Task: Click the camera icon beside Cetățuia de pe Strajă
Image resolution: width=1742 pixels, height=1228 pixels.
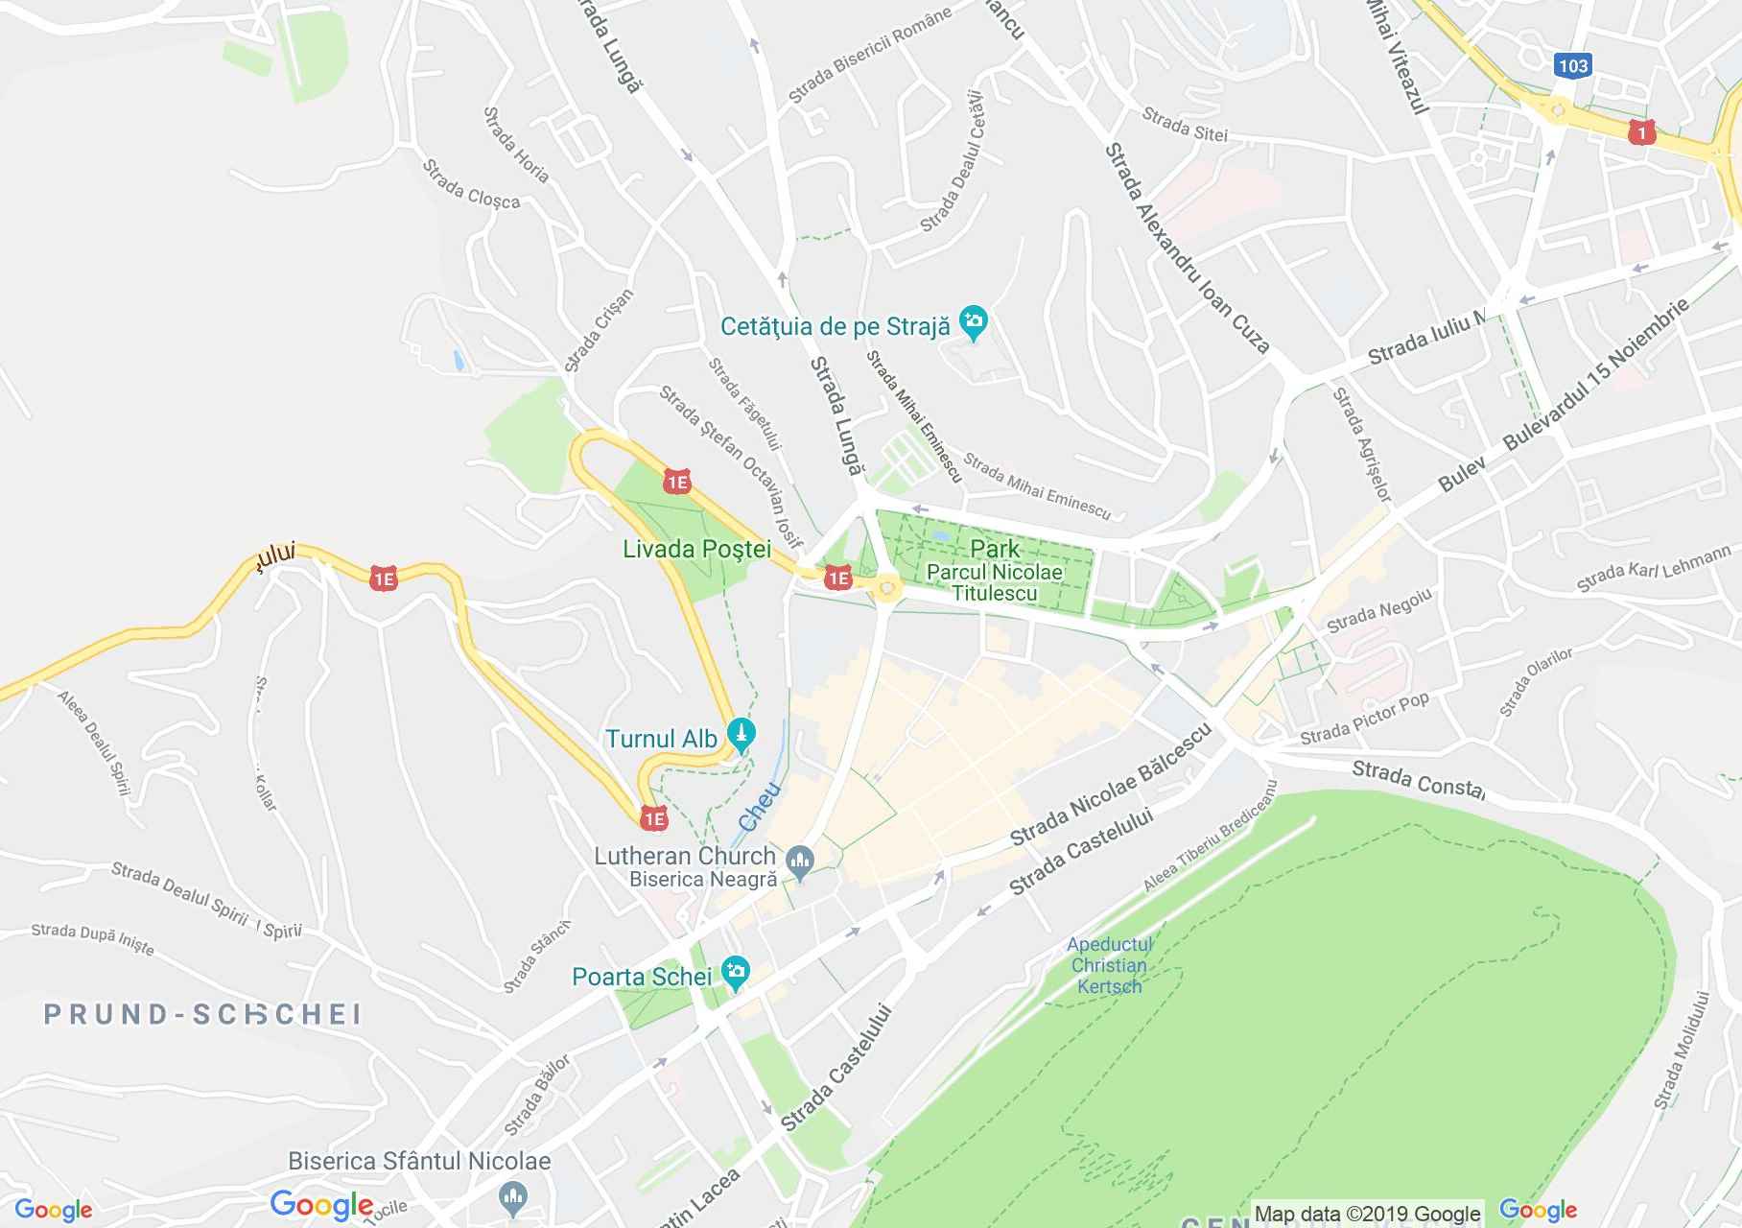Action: [974, 323]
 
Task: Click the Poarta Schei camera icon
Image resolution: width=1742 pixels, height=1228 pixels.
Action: [736, 972]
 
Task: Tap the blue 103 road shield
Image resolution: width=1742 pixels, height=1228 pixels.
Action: [1572, 65]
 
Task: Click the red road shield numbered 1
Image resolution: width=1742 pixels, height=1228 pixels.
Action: [1641, 131]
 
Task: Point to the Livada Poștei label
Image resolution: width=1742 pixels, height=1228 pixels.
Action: [696, 550]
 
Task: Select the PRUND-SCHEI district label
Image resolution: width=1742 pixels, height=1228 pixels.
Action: [201, 1014]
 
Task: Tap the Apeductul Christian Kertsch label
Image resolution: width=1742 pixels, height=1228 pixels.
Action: [1109, 965]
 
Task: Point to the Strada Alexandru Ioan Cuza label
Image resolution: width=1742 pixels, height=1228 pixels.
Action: [1187, 249]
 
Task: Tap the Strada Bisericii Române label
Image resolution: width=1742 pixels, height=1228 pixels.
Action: [869, 55]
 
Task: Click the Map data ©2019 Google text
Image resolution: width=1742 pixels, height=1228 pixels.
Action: [1367, 1214]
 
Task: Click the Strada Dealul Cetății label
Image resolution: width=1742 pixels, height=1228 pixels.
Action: [953, 161]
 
